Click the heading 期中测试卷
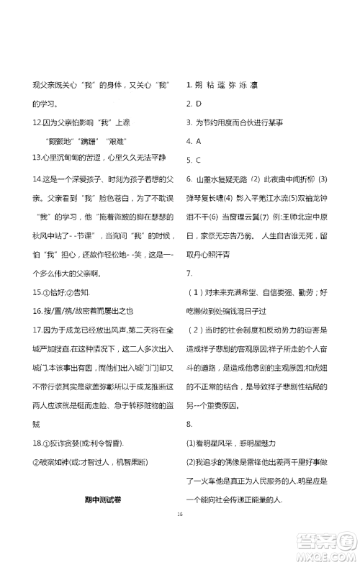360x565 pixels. coord(100,501)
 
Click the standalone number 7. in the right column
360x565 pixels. coord(189,272)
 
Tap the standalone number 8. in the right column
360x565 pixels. coord(189,423)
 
